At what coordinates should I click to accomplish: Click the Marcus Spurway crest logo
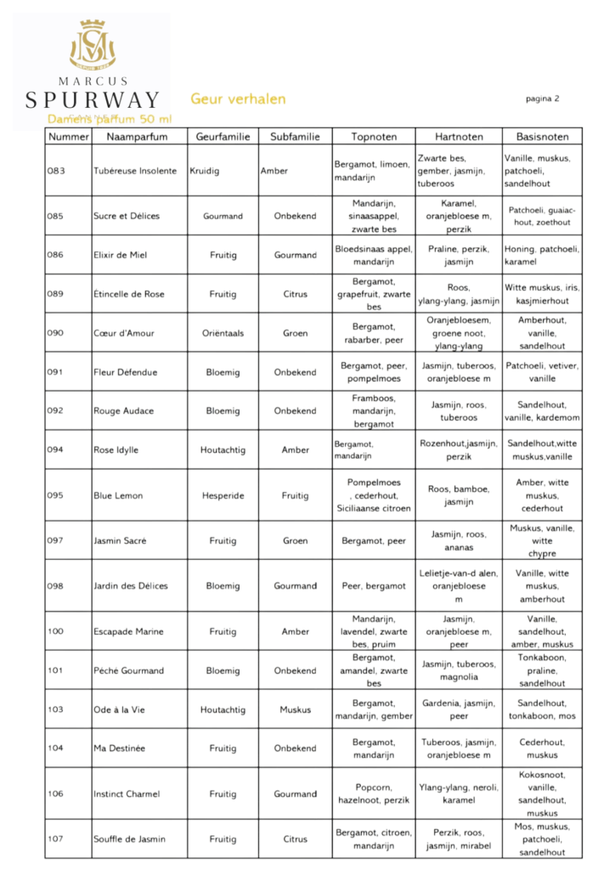click(x=92, y=45)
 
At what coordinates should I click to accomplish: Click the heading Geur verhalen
click(x=238, y=99)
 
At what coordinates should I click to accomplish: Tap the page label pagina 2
click(x=542, y=99)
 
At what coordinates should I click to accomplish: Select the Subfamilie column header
click(x=295, y=137)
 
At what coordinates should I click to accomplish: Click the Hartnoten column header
click(x=459, y=137)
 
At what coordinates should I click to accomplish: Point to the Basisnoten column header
click(x=542, y=137)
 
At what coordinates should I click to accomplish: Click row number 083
click(x=56, y=171)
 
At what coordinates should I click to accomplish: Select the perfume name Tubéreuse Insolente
click(x=135, y=171)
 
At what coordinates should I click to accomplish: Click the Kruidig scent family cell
click(x=205, y=171)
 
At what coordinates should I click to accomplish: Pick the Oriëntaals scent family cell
click(x=223, y=333)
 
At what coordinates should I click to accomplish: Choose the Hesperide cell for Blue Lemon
click(x=223, y=495)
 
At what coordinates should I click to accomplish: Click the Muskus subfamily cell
click(x=295, y=709)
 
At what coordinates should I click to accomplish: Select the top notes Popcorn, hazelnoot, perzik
click(x=373, y=794)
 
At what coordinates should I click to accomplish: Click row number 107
click(x=56, y=839)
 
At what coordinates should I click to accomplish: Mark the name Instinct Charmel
click(x=127, y=794)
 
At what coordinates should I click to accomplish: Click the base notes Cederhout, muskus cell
click(x=542, y=749)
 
